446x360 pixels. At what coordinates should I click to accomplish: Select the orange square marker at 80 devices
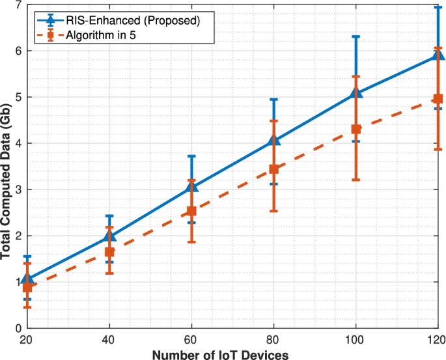click(x=274, y=169)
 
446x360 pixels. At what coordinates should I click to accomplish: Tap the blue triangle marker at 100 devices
click(x=356, y=93)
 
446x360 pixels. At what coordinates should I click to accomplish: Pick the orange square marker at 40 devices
click(x=109, y=252)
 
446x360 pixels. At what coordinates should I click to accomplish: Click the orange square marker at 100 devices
click(x=356, y=130)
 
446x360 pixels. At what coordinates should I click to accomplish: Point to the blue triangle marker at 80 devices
click(x=274, y=140)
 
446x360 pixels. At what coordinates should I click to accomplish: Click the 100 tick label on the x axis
click(x=356, y=340)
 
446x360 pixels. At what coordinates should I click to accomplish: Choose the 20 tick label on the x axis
click(x=27, y=340)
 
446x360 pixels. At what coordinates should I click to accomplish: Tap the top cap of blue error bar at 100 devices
click(x=356, y=36)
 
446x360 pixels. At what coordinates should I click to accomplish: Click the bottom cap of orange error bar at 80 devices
click(x=274, y=211)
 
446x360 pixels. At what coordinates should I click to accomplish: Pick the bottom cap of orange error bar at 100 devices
click(x=356, y=180)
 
